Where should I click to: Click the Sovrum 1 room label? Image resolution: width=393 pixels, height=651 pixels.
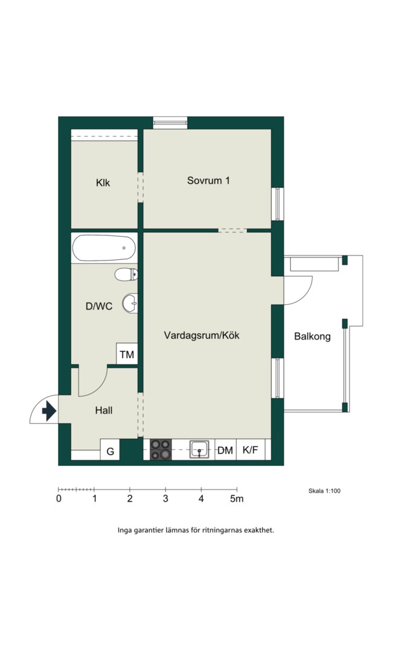tap(208, 181)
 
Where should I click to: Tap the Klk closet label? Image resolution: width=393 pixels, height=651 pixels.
tap(103, 183)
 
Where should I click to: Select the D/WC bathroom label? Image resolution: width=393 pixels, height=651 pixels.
tap(99, 306)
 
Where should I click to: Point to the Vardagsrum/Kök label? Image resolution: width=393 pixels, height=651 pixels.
tap(202, 335)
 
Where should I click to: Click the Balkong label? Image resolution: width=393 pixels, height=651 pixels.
tap(312, 336)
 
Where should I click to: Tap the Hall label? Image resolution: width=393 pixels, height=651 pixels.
tap(104, 410)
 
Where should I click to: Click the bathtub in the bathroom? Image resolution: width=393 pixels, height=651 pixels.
tap(104, 248)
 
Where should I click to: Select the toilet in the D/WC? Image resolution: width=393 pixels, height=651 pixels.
tap(126, 274)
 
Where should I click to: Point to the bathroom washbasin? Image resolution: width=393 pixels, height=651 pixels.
tap(130, 303)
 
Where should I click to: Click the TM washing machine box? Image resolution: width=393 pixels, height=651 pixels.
tap(127, 354)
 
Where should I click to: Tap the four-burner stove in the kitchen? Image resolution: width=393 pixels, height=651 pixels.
tap(161, 450)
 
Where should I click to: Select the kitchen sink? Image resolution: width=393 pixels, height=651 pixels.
tap(200, 450)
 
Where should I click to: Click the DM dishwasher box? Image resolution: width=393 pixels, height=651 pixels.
tap(225, 450)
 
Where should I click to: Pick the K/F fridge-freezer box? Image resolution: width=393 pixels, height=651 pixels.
tap(251, 450)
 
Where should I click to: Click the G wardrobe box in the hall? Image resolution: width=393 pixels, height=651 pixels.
tap(110, 450)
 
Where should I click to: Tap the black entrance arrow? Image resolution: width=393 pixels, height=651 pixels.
tap(49, 411)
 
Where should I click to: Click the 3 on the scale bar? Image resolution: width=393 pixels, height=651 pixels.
tap(165, 498)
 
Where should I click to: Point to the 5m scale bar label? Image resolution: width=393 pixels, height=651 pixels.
tap(237, 498)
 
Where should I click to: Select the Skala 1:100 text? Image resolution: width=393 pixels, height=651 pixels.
tap(324, 491)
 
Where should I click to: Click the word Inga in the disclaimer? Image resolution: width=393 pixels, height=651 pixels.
tap(124, 530)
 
